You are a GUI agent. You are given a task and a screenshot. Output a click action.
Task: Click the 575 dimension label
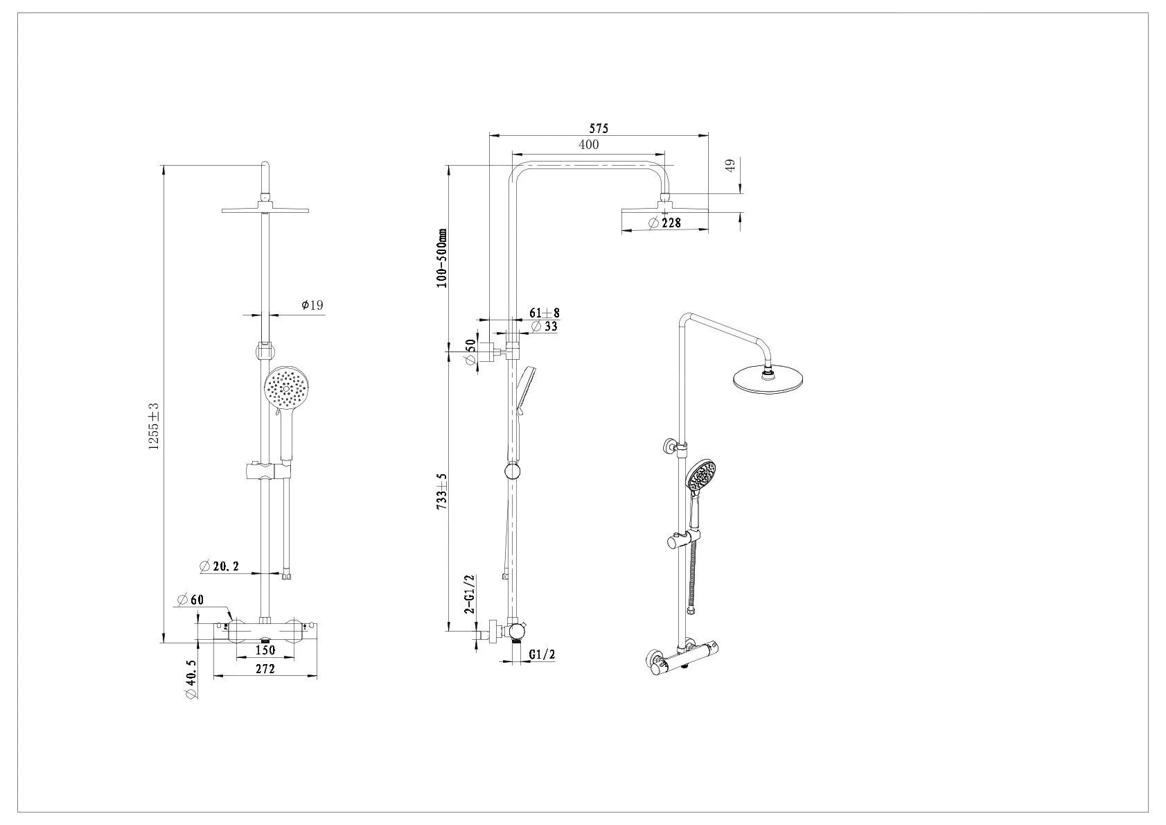pos(598,128)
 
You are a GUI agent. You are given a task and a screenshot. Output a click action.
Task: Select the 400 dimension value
pos(588,145)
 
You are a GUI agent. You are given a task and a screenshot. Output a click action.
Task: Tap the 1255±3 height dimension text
pos(154,426)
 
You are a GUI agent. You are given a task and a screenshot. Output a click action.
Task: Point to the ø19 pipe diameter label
pos(312,305)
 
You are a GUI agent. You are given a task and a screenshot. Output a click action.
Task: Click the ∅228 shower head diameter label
pos(664,223)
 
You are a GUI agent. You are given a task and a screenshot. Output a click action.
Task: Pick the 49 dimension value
pos(728,166)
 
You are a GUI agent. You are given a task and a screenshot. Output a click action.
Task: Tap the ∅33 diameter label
pos(544,327)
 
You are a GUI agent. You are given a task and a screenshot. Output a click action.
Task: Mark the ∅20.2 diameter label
pos(219,566)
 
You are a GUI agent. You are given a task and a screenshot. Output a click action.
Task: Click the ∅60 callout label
pos(191,600)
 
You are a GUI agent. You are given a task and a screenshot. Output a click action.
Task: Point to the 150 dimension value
pos(265,650)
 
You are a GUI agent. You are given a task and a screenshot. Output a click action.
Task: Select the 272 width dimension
pos(265,669)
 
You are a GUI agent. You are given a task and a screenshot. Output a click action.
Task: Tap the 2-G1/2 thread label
pos(469,595)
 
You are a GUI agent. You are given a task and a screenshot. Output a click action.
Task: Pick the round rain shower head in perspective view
pos(770,379)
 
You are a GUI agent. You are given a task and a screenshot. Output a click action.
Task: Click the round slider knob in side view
pos(512,472)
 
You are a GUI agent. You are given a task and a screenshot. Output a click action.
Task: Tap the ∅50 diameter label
pos(470,353)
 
